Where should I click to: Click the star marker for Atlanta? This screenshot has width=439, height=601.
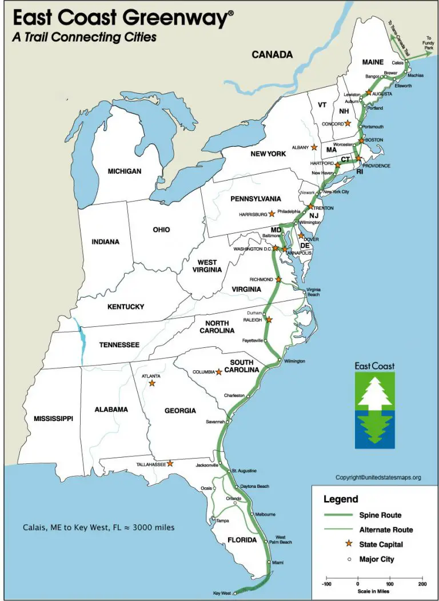151,383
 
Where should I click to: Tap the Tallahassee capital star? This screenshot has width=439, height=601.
170,463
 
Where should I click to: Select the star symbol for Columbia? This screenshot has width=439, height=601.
218,372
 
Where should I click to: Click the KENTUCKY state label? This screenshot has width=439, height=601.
126,307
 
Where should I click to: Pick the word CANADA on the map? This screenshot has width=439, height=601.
272,55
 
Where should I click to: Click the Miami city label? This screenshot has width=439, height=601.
278,563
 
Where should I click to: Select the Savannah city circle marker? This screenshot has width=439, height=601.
228,422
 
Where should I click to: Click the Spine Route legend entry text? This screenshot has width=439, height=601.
381,515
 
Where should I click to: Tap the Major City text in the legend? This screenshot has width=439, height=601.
377,559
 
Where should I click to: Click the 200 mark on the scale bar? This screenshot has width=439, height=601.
422,584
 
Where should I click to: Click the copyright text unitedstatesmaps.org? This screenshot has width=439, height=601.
378,477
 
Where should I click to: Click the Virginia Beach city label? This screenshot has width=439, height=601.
314,293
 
